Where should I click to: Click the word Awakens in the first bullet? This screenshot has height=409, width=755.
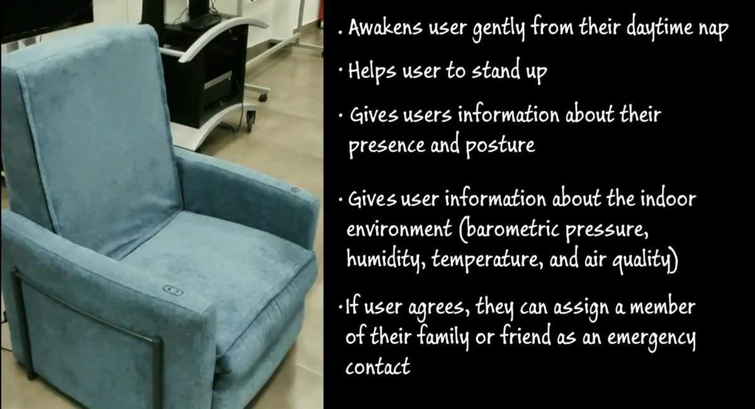click(386, 27)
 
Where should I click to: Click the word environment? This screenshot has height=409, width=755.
click(399, 229)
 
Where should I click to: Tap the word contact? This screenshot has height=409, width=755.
click(378, 366)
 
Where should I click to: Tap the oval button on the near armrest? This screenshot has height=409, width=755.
click(173, 290)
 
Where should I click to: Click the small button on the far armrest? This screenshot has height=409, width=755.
click(296, 190)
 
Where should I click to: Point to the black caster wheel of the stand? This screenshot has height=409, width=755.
click(250, 121)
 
